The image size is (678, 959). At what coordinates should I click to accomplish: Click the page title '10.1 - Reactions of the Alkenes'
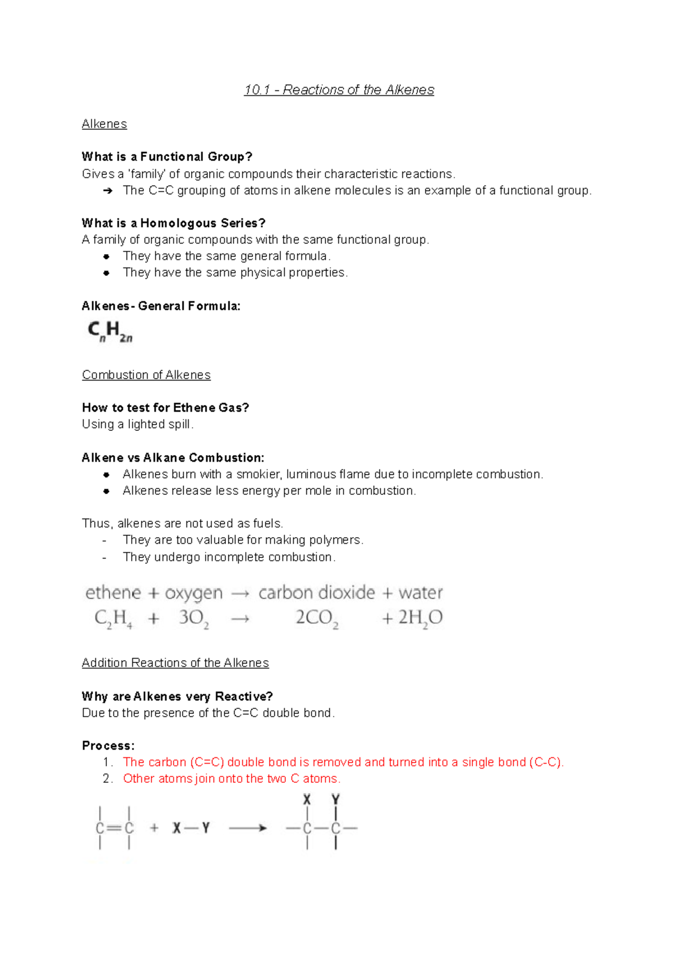(339, 90)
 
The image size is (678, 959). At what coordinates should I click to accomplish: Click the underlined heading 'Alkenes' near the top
(105, 124)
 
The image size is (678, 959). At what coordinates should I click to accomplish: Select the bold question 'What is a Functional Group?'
(167, 156)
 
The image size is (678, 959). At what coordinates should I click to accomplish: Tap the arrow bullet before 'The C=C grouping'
(107, 191)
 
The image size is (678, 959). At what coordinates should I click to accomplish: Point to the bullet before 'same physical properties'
(106, 273)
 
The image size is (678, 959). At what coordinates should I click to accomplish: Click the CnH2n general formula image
(110, 332)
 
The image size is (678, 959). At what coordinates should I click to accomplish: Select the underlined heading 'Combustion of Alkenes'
(146, 375)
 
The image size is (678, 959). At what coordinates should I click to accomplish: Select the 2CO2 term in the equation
(317, 618)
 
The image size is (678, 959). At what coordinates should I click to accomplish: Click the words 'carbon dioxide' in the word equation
(316, 592)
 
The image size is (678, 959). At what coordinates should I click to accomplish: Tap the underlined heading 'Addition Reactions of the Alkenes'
(175, 662)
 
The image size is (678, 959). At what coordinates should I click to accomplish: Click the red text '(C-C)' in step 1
(545, 762)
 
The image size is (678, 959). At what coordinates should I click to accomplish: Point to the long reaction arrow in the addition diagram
(247, 828)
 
